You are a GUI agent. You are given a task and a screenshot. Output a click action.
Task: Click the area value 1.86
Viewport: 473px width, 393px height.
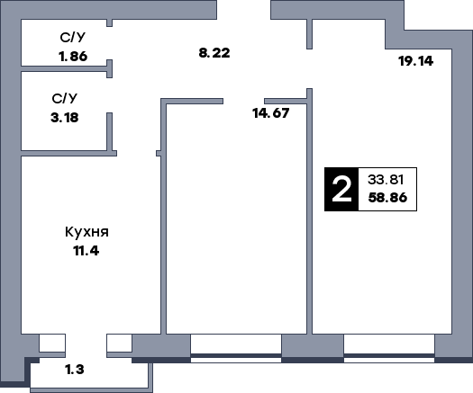[x=73, y=57]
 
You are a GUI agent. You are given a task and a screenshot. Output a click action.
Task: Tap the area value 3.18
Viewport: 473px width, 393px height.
[x=65, y=118]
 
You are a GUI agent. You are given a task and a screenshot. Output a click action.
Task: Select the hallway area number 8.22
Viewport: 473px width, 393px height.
[x=214, y=53]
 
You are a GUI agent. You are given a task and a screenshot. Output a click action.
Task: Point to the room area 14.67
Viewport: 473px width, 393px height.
[x=271, y=113]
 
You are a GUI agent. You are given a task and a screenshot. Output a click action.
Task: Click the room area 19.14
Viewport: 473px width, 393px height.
[x=415, y=61]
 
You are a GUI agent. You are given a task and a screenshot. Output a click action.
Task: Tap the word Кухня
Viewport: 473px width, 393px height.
[x=86, y=232]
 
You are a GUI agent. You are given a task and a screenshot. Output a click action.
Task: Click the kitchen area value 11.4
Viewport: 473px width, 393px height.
[x=86, y=251]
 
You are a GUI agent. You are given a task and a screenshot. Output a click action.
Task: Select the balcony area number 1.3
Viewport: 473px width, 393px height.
[x=75, y=370]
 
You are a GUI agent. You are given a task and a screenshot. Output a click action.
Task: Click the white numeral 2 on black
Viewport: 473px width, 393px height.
[x=341, y=190]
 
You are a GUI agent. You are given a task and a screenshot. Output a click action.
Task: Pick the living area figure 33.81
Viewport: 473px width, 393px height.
[x=386, y=180]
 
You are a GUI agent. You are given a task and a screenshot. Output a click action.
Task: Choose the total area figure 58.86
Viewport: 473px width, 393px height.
[x=387, y=198]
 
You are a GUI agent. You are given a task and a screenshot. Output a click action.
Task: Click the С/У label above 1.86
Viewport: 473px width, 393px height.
[x=73, y=38]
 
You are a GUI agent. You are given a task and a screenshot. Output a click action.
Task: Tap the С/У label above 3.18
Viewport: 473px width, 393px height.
[x=65, y=99]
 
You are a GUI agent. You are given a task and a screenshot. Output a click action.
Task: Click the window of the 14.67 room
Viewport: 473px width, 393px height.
[x=236, y=348]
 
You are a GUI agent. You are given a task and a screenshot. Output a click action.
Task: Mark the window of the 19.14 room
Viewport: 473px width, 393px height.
[x=389, y=348]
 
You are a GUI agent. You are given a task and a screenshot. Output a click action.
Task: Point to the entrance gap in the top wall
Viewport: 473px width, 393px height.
[x=244, y=10]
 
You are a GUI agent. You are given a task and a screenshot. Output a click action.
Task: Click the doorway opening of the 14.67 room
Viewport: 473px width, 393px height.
[x=244, y=102]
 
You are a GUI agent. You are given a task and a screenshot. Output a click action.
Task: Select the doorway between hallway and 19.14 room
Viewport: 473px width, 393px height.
[x=310, y=68]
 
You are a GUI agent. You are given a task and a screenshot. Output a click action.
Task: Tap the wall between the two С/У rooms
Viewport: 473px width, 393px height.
[x=64, y=69]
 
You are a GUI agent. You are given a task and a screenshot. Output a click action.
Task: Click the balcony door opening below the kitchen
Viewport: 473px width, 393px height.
[x=86, y=345]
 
